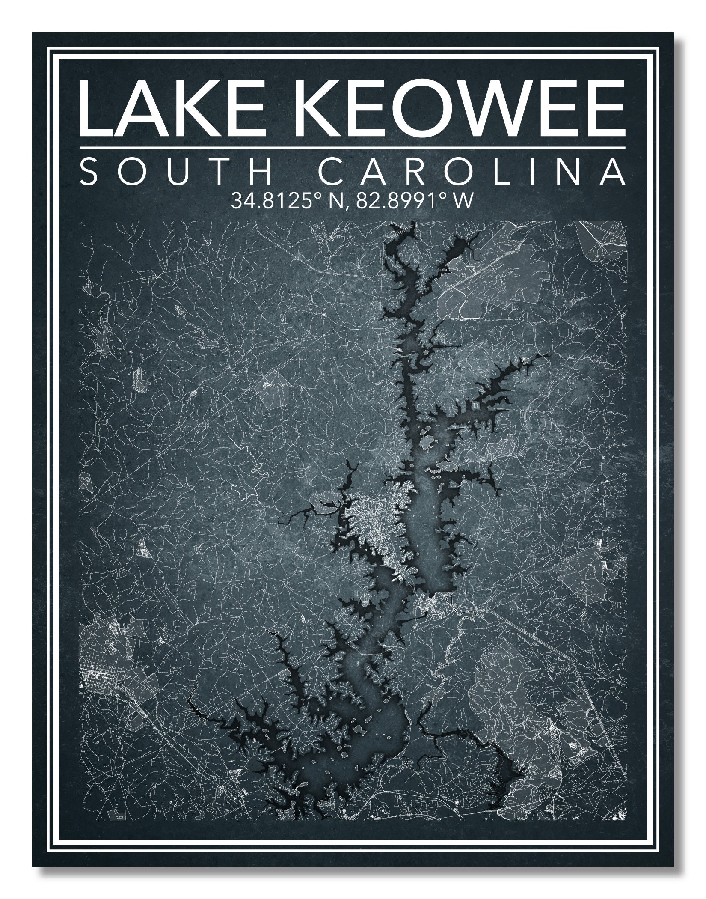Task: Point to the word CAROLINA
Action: click(470, 172)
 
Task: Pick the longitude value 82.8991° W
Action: click(411, 200)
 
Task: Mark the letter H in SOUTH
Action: click(261, 172)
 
